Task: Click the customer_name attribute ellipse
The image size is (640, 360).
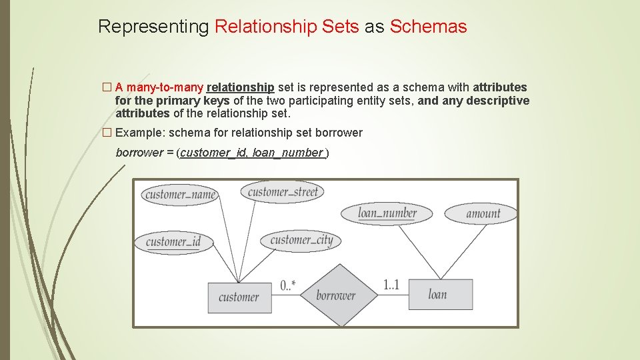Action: coord(180,195)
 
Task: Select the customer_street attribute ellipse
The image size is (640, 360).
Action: coord(283,193)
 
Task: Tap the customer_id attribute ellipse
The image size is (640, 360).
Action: coord(173,241)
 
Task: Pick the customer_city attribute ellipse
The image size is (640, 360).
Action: coord(301,240)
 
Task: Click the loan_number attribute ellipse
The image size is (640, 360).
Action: coord(387,213)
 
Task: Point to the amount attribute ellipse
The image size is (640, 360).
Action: coord(483,213)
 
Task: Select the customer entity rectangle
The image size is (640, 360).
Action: coord(239,297)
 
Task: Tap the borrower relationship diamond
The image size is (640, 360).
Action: coord(335,295)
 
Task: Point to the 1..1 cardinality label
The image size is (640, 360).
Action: coord(391,285)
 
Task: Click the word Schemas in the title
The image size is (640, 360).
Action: coord(428,27)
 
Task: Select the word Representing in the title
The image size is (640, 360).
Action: coord(153,27)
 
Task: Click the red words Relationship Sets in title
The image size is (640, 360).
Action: coord(287,27)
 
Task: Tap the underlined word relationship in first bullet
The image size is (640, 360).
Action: coord(241,87)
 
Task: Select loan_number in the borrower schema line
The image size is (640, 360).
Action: coord(287,153)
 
